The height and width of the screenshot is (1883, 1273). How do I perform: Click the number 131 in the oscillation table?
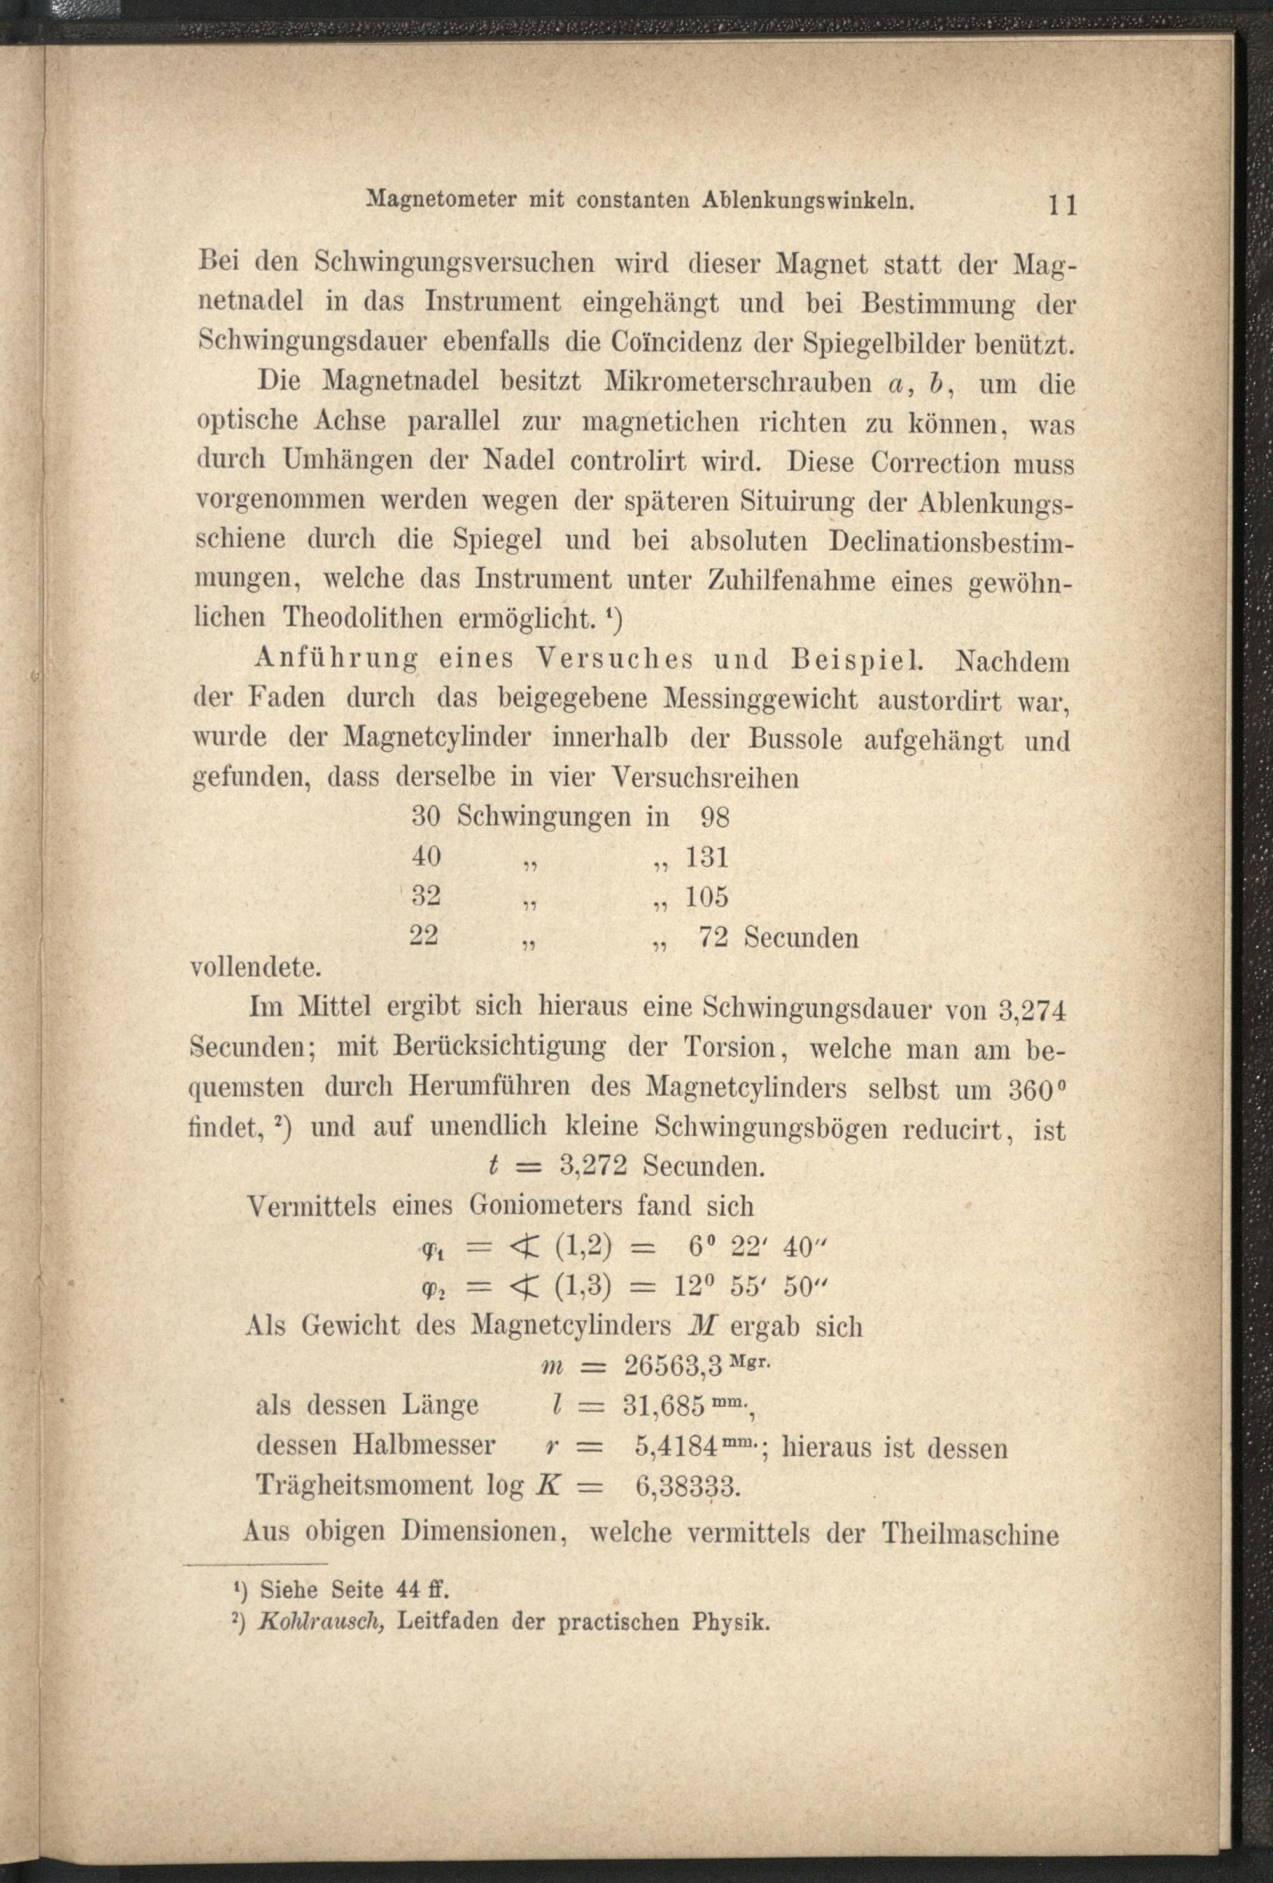(707, 857)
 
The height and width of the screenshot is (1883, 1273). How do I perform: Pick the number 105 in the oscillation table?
(707, 897)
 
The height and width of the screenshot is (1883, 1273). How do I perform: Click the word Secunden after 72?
(801, 938)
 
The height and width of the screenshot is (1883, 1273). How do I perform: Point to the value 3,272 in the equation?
(593, 1167)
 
